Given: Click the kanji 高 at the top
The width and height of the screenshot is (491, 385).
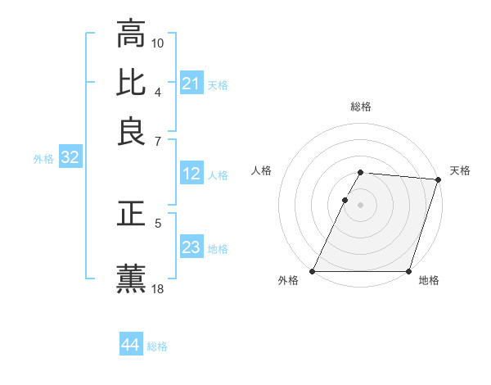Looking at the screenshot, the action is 131,35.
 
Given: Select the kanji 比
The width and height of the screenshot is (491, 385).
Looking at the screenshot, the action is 131,83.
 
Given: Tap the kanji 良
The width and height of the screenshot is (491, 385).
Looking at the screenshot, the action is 131,131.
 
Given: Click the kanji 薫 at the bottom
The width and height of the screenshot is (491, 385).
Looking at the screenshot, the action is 131,277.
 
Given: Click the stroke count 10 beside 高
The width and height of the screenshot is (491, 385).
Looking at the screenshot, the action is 158,43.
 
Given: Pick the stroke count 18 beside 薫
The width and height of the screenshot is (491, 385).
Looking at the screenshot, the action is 158,288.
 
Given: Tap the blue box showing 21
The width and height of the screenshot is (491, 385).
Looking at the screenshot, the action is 191,84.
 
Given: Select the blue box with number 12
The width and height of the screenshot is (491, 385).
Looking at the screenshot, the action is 191,174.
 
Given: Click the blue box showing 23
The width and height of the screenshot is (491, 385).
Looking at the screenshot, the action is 191,248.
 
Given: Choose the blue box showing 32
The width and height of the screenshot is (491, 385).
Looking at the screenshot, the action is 70,159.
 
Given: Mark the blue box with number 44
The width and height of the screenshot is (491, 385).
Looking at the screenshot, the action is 130,346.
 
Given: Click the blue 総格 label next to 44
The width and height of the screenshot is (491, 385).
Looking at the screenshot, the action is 157,346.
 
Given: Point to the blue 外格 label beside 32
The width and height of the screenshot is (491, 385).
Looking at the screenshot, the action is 43,160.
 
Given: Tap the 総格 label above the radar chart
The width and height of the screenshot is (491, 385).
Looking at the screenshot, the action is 361,106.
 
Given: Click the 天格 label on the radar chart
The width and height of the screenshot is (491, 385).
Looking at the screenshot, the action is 460,170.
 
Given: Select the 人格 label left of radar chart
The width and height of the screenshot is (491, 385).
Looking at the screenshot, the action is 262,170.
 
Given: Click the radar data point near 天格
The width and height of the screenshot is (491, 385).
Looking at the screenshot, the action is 439,179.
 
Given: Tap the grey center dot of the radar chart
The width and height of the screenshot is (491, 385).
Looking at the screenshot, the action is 361,204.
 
